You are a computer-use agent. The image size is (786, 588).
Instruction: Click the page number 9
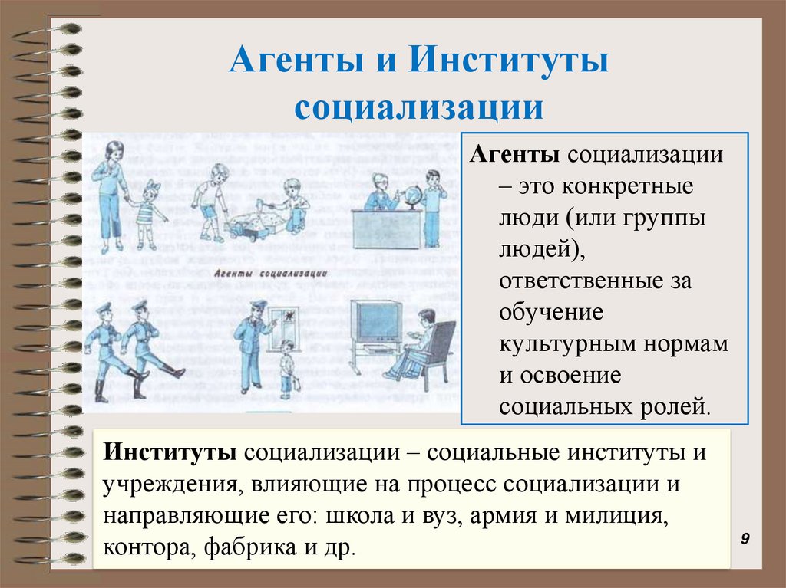pos(745,540)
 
